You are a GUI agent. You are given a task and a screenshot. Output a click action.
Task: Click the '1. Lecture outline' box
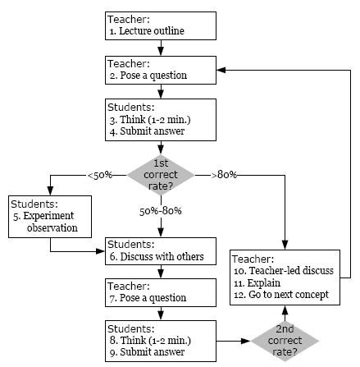click(x=161, y=25)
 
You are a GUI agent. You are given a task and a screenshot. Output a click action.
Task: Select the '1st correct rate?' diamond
click(x=161, y=175)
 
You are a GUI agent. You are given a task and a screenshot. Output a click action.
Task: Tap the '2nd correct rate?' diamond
click(x=285, y=341)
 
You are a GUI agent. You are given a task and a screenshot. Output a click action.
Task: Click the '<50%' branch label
click(x=100, y=175)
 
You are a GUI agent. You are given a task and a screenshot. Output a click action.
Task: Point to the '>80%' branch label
click(x=224, y=175)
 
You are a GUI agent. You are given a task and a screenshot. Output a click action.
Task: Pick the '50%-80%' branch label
click(x=161, y=211)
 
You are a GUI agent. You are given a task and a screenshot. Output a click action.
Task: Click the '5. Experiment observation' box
click(x=50, y=217)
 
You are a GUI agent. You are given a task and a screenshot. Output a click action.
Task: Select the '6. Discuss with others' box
click(x=161, y=251)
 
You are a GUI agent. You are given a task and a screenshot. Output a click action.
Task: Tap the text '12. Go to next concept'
click(x=281, y=295)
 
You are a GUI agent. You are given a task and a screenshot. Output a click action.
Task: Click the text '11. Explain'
click(x=257, y=283)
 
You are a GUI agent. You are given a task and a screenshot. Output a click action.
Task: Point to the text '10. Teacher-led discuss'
click(x=284, y=271)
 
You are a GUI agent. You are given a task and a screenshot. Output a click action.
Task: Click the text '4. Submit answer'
click(x=147, y=131)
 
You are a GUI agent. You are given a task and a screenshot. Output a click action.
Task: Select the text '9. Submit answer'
click(x=147, y=352)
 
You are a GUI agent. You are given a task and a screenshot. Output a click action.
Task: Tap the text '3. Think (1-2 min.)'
click(x=150, y=120)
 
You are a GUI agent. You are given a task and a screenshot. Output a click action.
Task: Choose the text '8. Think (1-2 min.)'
click(x=150, y=341)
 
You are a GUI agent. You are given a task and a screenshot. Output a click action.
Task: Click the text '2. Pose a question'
click(x=148, y=76)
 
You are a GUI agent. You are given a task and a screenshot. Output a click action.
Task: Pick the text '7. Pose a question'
click(x=148, y=298)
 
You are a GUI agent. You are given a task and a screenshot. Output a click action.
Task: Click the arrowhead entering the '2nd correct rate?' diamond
click(x=246, y=341)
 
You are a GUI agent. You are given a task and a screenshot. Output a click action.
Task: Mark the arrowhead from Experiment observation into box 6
click(x=101, y=251)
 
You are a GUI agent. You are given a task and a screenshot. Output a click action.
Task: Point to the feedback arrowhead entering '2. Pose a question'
click(x=221, y=70)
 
